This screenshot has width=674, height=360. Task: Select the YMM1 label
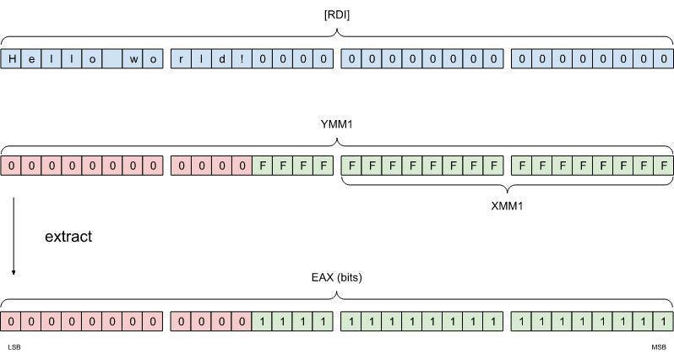tap(336, 124)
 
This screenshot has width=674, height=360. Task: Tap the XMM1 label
tap(507, 205)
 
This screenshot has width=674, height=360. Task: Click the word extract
tap(68, 237)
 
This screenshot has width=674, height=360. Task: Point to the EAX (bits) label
tap(336, 277)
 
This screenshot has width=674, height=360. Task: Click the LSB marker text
tap(14, 347)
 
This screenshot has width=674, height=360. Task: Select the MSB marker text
tap(658, 347)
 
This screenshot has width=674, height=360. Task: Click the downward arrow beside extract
tap(14, 237)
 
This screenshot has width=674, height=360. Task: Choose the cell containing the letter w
tap(133, 59)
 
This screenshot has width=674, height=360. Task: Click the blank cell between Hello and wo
tap(113, 59)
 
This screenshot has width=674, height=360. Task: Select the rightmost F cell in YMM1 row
tap(663, 165)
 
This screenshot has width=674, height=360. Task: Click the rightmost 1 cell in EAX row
tap(663, 321)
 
